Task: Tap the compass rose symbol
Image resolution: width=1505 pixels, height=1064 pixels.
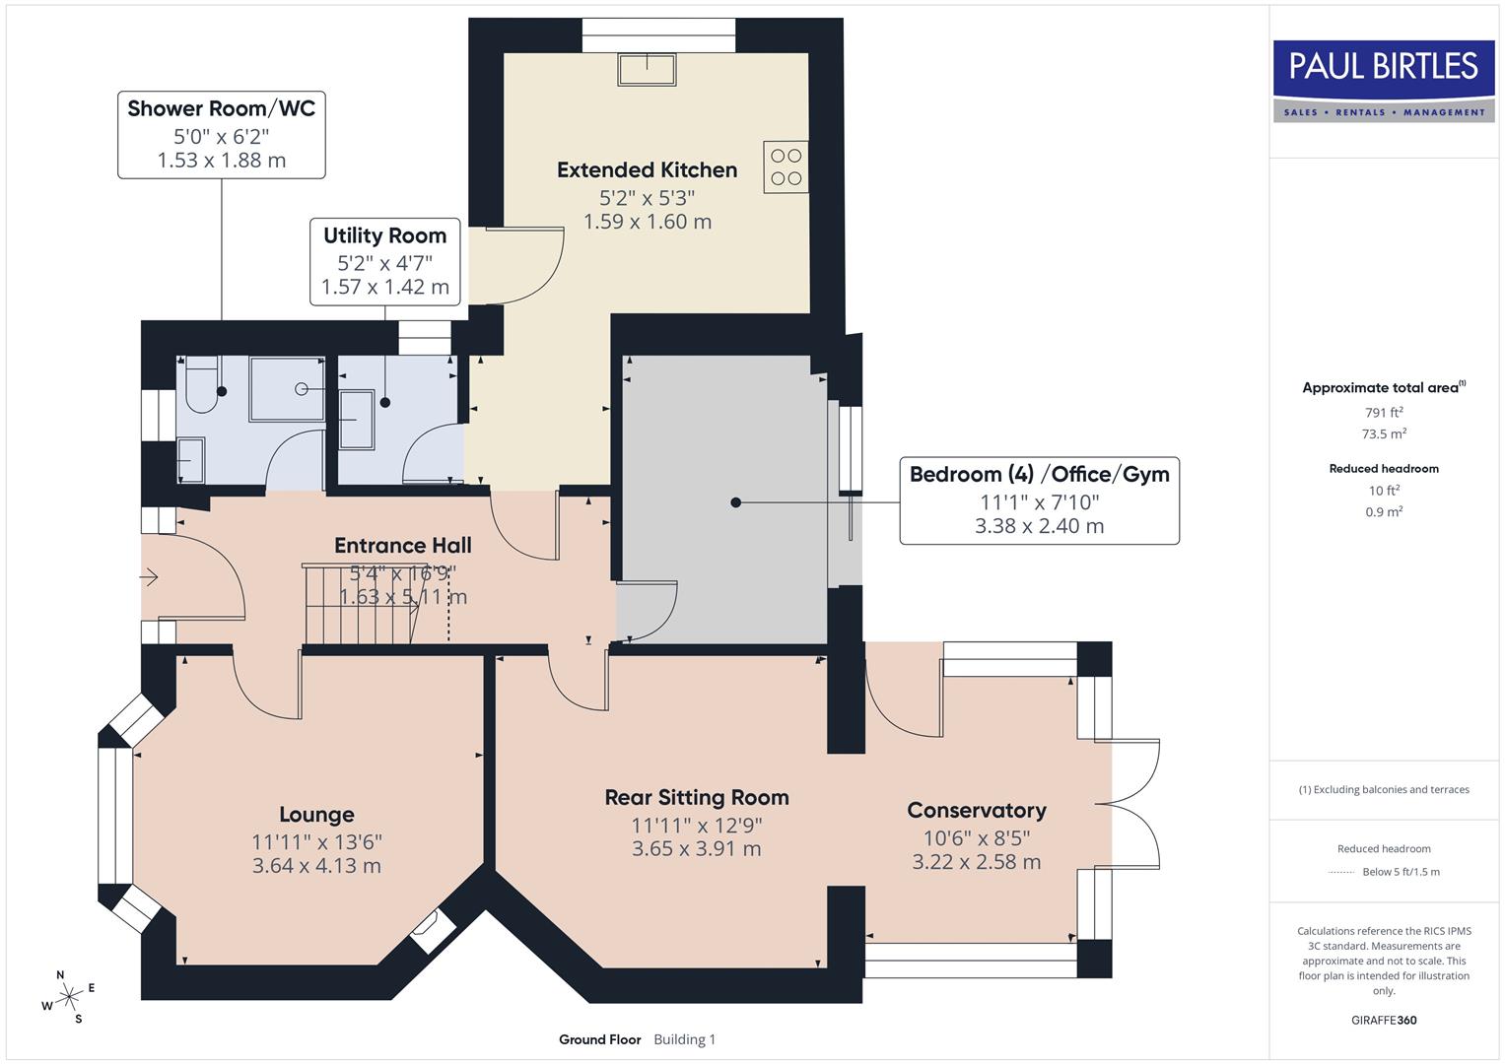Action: click(68, 997)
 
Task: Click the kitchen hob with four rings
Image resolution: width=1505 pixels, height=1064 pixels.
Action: click(786, 166)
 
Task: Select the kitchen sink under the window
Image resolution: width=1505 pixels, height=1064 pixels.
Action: click(647, 70)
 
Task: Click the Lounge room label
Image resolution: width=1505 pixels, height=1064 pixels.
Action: click(316, 815)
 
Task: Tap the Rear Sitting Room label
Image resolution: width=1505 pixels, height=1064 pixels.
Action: click(696, 797)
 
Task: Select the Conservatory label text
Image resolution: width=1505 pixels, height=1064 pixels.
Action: click(976, 810)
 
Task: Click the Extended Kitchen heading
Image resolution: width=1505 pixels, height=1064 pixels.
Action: click(647, 169)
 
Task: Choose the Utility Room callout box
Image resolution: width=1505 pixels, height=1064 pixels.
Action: click(384, 261)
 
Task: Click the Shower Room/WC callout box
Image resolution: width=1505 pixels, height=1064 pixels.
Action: click(221, 135)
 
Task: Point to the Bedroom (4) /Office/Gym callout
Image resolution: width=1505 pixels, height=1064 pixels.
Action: click(1039, 499)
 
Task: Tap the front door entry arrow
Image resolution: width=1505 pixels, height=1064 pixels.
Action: click(150, 577)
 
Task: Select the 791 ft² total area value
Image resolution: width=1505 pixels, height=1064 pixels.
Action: click(1384, 413)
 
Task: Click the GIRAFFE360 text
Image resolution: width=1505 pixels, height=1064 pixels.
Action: click(1384, 1020)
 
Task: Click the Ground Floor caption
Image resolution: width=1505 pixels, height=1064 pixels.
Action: click(599, 1039)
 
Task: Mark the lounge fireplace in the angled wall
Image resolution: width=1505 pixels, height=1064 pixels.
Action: click(432, 930)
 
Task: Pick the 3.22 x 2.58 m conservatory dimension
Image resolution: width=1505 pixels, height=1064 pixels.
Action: click(976, 862)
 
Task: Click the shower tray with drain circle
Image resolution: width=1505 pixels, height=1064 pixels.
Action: click(287, 389)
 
